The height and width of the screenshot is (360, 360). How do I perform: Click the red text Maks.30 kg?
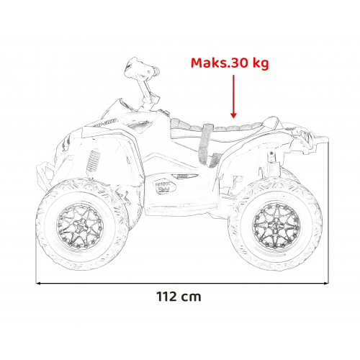point(229,64)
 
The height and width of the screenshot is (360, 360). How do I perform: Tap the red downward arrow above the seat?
point(233,97)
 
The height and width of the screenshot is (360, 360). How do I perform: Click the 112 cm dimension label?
point(178,296)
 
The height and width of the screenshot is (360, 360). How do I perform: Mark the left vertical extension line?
point(37,216)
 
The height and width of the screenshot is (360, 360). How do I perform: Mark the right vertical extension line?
point(328,216)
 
